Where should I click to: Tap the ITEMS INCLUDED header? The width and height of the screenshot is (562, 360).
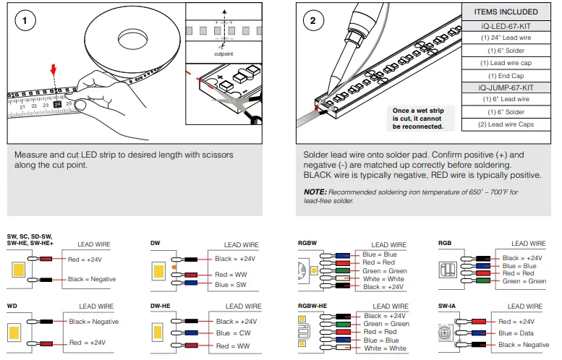(506, 12)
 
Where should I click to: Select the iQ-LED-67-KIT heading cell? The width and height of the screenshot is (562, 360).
(506, 25)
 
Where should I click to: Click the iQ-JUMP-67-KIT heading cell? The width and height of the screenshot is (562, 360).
(506, 87)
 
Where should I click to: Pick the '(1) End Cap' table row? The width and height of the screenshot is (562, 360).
(506, 75)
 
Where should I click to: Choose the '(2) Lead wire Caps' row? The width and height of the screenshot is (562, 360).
(506, 124)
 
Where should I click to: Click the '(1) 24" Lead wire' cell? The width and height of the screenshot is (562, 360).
(506, 38)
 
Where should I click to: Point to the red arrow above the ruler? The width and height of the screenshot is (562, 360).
(51, 70)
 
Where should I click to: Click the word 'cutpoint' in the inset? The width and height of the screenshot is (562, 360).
(223, 53)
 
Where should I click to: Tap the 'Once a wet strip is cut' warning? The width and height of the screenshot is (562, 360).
(417, 119)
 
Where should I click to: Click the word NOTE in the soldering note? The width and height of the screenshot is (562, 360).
(315, 192)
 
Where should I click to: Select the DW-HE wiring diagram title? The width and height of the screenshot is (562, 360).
(161, 307)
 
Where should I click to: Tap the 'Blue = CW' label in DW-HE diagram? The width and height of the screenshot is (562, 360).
(233, 333)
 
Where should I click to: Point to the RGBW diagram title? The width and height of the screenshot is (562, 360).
(308, 242)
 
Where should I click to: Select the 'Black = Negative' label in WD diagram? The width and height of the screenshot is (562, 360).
(93, 321)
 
